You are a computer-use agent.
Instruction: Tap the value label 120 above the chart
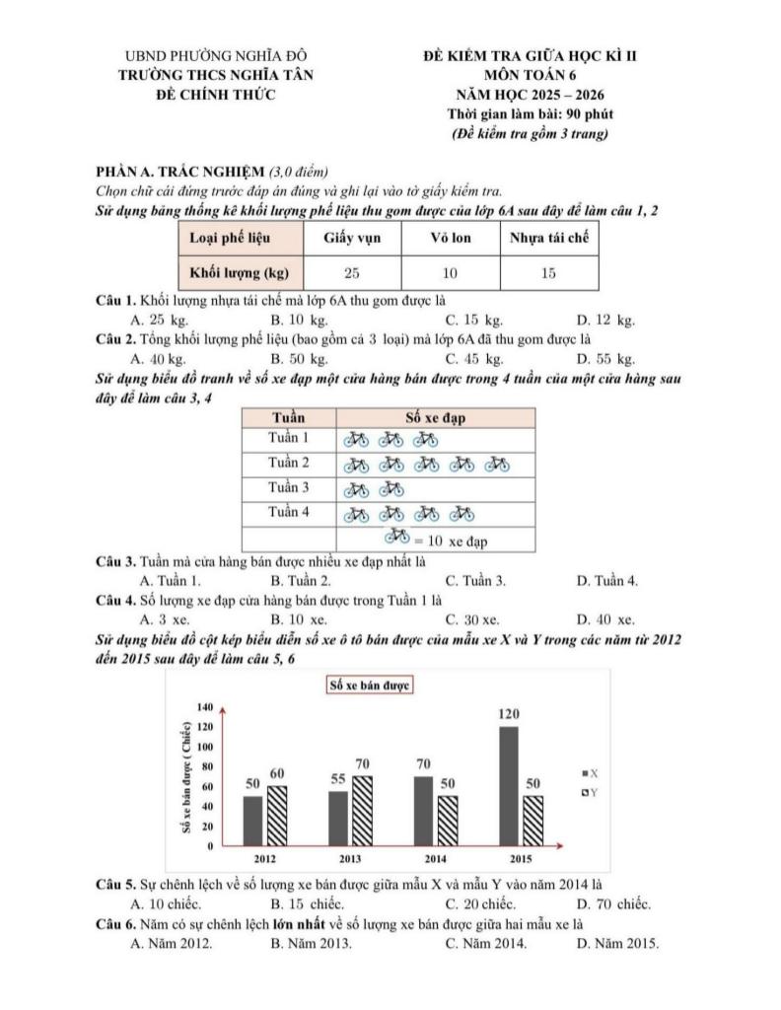click(508, 713)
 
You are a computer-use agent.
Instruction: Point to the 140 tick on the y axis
click(205, 707)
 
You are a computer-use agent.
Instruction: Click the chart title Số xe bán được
click(369, 685)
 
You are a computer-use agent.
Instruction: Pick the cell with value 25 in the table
click(352, 272)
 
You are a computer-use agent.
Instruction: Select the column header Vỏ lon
click(451, 238)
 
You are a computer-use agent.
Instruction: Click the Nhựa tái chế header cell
click(549, 238)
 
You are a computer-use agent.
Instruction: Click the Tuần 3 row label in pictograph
click(289, 487)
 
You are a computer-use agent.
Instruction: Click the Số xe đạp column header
click(436, 417)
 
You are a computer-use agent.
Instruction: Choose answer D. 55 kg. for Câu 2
click(605, 358)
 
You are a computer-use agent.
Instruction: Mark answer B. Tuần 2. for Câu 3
click(301, 580)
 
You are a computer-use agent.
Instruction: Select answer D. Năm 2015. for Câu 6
click(616, 942)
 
